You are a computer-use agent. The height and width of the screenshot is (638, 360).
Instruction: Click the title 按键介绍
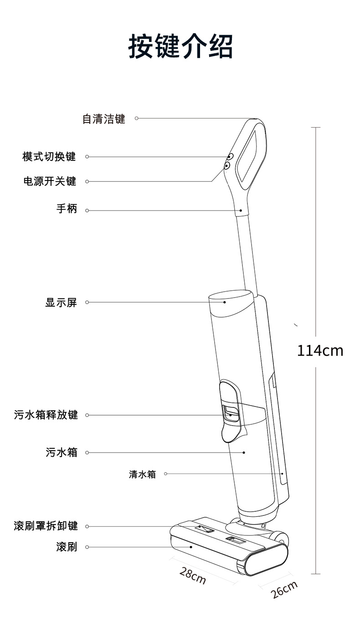click(180, 46)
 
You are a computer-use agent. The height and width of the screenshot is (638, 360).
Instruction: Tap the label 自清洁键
click(103, 119)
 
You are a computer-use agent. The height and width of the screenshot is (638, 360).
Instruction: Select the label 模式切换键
click(49, 157)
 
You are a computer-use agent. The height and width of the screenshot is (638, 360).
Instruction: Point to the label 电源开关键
click(50, 181)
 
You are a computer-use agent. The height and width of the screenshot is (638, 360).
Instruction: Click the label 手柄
click(67, 209)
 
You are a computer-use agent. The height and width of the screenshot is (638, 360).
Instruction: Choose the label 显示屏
click(61, 302)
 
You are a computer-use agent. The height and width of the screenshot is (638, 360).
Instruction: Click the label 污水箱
click(61, 453)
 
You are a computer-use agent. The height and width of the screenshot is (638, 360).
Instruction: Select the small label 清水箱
click(142, 474)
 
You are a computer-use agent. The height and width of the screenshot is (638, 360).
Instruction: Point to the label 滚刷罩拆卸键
click(46, 526)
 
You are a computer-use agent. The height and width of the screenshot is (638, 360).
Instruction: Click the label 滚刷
click(67, 547)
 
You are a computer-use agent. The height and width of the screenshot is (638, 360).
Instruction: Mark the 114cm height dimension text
click(320, 351)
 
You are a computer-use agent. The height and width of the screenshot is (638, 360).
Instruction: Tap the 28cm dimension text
click(192, 575)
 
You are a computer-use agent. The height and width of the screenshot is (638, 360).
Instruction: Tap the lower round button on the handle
click(226, 166)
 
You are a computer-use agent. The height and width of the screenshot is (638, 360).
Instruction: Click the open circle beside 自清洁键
click(136, 118)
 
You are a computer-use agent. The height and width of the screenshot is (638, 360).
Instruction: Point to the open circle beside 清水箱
click(165, 474)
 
